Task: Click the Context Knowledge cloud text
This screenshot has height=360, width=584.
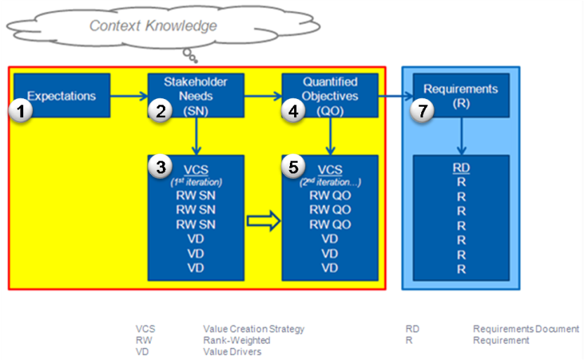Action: tap(153, 26)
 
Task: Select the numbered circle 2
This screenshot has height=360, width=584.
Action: tap(161, 111)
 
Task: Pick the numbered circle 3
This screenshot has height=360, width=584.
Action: tap(161, 168)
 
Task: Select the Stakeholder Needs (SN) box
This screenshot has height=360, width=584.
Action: tap(197, 95)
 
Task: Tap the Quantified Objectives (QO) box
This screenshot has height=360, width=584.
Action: tap(330, 95)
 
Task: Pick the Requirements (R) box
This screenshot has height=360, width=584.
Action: tap(461, 95)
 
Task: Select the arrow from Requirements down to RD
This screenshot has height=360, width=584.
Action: tap(461, 136)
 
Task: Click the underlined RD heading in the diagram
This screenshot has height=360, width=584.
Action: tap(461, 168)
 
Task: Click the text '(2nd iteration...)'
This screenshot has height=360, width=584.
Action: tap(330, 181)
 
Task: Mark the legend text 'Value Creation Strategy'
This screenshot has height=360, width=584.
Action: tap(253, 328)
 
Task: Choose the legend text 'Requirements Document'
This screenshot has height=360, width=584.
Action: tap(526, 328)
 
